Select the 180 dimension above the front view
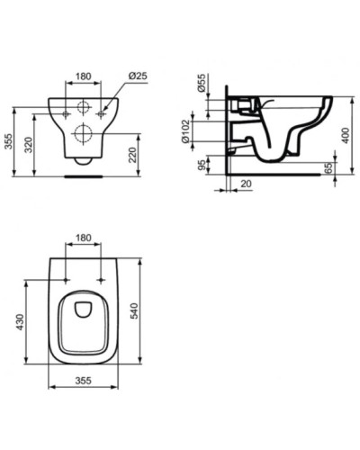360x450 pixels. [x=83, y=76]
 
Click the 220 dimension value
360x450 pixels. [x=132, y=155]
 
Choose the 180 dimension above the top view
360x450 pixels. [x=83, y=238]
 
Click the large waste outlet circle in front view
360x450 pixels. [x=83, y=134]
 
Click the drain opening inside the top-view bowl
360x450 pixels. [x=84, y=311]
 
